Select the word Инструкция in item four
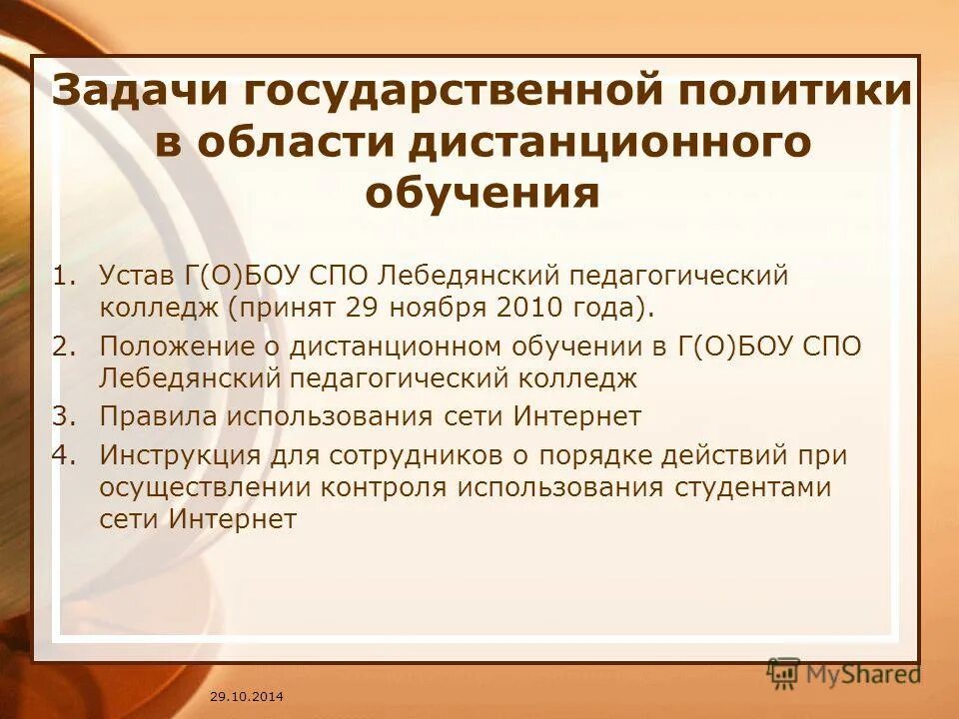coord(180,455)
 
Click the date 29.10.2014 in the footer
coord(247,694)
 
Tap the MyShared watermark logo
coord(844,673)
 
